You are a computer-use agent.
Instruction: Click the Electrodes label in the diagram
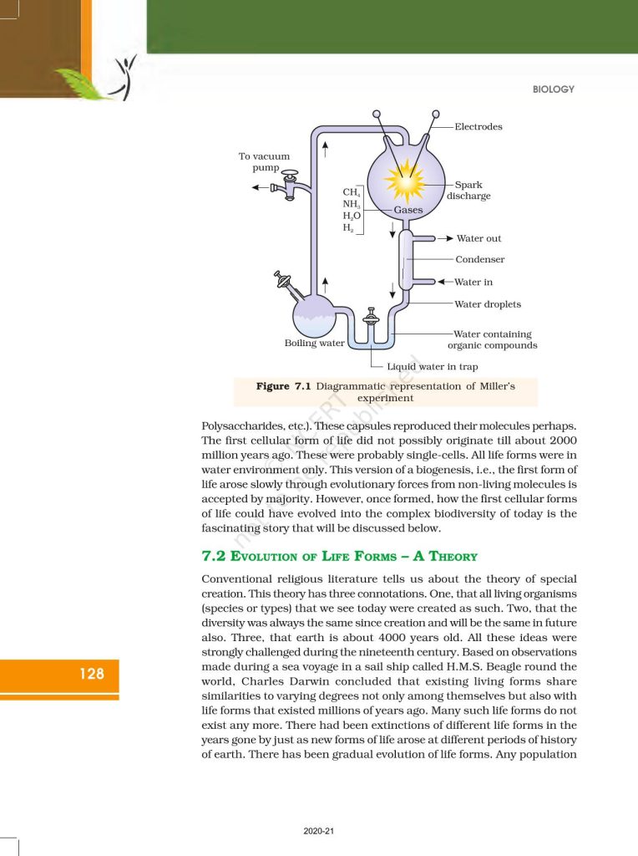(x=478, y=127)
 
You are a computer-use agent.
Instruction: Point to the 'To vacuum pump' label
(x=264, y=162)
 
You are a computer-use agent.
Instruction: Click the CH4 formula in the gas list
(x=352, y=193)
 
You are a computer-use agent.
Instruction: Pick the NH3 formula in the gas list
(x=352, y=204)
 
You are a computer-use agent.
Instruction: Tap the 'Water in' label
(x=473, y=283)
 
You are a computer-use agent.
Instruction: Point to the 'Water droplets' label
(x=488, y=304)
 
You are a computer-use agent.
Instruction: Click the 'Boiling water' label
(x=314, y=343)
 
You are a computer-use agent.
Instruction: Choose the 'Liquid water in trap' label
(x=432, y=366)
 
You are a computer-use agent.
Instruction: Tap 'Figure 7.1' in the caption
(x=283, y=386)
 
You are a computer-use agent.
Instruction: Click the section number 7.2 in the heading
(x=215, y=556)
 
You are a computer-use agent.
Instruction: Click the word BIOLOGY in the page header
(x=553, y=89)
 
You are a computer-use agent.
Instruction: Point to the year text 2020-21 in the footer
(x=318, y=831)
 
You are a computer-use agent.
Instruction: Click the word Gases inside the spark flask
(x=408, y=210)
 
